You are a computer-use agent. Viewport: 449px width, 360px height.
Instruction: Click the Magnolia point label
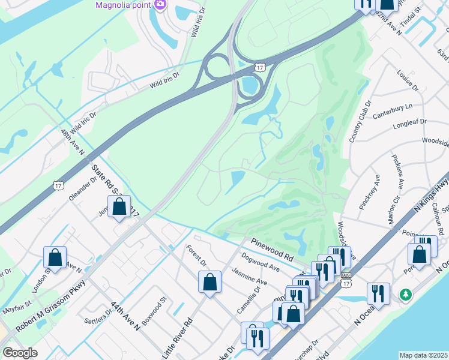click(124, 5)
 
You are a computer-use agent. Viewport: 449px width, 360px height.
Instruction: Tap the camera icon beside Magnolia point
click(160, 5)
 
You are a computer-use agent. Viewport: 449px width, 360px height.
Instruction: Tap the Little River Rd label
click(177, 335)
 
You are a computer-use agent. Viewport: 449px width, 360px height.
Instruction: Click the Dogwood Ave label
click(261, 262)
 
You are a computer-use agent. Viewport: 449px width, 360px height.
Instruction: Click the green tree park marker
click(406, 295)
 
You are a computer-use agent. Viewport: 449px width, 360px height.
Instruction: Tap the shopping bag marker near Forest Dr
click(209, 282)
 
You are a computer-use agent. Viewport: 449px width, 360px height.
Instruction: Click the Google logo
click(19, 353)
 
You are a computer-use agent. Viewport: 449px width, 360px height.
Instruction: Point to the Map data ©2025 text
click(423, 355)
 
